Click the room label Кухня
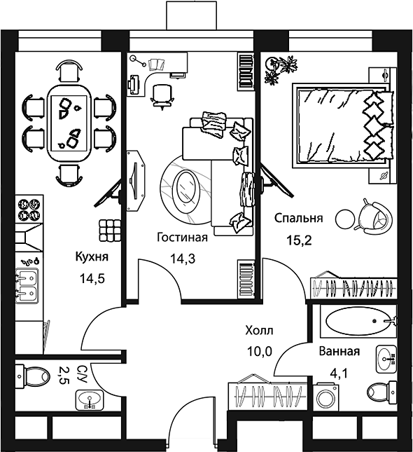tap(92, 256)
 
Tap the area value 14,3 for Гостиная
tap(183, 259)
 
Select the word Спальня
tap(298, 218)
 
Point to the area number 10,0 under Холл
tap(260, 351)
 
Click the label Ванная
tap(339, 351)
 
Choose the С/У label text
tap(82, 374)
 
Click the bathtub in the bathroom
tap(359, 321)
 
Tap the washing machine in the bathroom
tap(328, 397)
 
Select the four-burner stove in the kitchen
tap(29, 210)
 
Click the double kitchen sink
tap(27, 285)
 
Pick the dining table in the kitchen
tap(69, 123)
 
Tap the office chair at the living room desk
tap(162, 96)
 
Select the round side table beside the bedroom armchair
tap(346, 219)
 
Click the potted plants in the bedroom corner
tap(281, 69)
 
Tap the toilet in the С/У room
tap(32, 376)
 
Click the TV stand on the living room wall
tap(136, 181)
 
